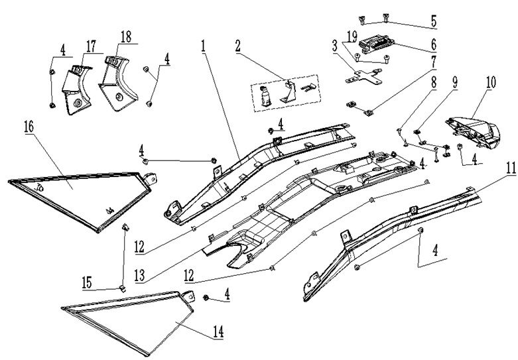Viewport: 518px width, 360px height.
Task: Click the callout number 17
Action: (x=90, y=46)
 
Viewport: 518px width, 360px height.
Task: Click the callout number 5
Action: (x=434, y=21)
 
